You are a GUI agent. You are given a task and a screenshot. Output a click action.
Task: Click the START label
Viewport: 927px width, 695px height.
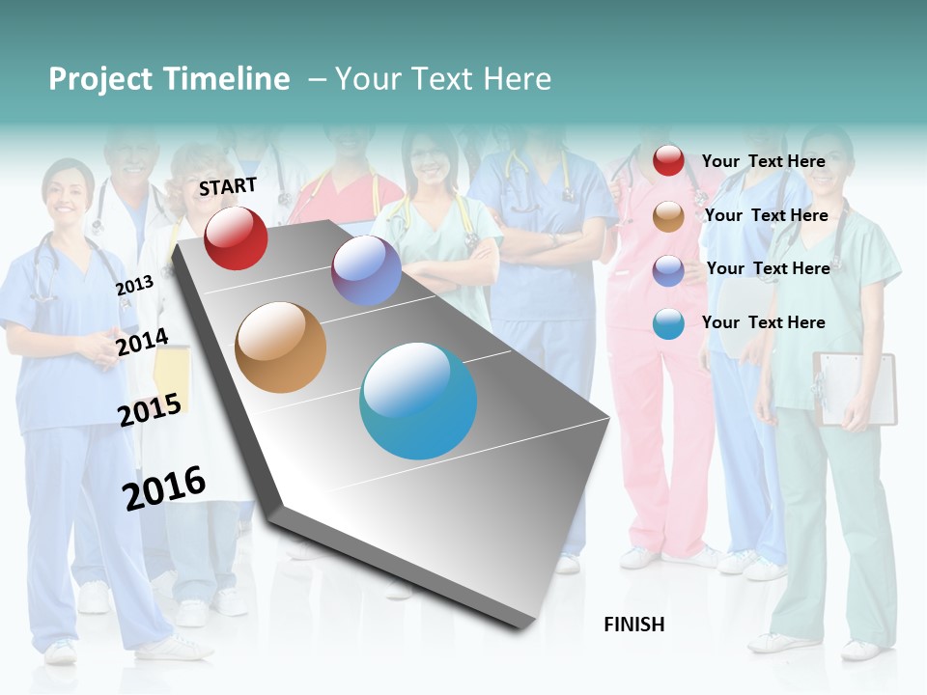pyautogui.click(x=228, y=186)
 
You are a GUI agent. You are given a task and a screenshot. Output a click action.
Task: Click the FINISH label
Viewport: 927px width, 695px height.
pyautogui.click(x=634, y=625)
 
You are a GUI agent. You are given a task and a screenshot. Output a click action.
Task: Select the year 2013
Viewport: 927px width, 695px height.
pyautogui.click(x=134, y=285)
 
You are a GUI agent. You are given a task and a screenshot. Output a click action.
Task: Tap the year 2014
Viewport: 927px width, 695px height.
pyautogui.click(x=142, y=342)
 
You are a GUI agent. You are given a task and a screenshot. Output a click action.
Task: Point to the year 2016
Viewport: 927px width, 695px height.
pyautogui.click(x=164, y=488)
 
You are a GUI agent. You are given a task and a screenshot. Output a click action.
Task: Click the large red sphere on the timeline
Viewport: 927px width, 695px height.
pyautogui.click(x=236, y=237)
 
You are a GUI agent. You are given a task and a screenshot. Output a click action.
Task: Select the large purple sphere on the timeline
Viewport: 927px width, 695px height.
pyautogui.click(x=366, y=270)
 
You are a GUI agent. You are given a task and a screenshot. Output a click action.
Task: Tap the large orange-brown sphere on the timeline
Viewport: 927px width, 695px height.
pyautogui.click(x=281, y=347)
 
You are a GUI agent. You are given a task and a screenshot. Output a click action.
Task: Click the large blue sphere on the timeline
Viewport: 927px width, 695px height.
pyautogui.click(x=418, y=401)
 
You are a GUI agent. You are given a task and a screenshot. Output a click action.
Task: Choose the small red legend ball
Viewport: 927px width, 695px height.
pyautogui.click(x=668, y=160)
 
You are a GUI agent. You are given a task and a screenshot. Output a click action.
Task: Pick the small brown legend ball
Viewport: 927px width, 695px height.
pyautogui.click(x=668, y=216)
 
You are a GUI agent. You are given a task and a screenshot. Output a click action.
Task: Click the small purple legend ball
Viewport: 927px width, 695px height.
pyautogui.click(x=668, y=269)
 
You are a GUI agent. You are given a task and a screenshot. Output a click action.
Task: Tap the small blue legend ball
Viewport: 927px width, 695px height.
pyautogui.click(x=668, y=323)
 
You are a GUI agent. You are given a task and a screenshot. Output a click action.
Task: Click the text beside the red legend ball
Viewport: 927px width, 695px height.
pyautogui.click(x=763, y=161)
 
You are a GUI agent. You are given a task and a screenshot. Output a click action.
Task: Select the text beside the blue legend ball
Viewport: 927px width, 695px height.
pyautogui.click(x=763, y=322)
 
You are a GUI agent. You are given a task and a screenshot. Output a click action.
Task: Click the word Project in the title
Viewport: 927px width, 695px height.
pyautogui.click(x=99, y=79)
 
